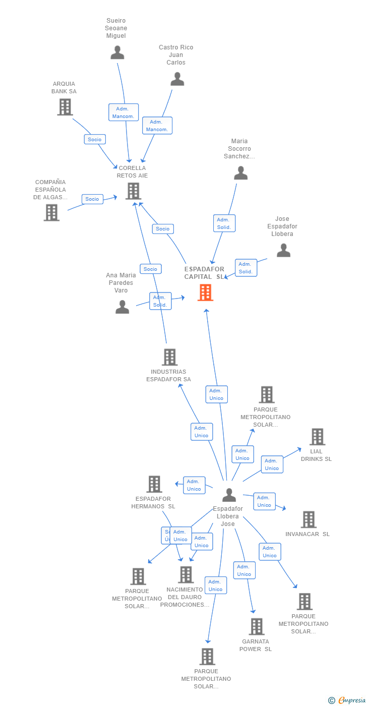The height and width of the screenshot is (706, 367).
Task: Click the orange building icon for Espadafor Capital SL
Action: pyautogui.click(x=205, y=292)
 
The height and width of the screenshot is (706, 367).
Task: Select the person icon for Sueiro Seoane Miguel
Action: pyautogui.click(x=117, y=52)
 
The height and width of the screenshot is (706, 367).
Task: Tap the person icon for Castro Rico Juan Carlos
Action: pyautogui.click(x=177, y=79)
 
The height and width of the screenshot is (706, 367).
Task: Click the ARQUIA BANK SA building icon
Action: pyautogui.click(x=65, y=107)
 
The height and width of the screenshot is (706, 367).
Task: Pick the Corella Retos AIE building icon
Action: pyautogui.click(x=133, y=191)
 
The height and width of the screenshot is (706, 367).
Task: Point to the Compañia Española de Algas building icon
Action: pyautogui.click(x=51, y=213)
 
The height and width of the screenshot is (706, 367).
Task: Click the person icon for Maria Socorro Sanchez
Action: pyautogui.click(x=241, y=173)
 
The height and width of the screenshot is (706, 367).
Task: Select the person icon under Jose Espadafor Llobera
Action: pyautogui.click(x=283, y=251)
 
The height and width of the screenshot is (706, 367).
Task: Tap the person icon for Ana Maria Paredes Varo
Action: pyautogui.click(x=122, y=307)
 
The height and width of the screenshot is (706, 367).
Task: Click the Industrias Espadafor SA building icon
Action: pyautogui.click(x=169, y=357)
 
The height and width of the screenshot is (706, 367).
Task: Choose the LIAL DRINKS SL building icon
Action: pyautogui.click(x=317, y=437)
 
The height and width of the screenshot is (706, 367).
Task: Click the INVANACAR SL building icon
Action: pyautogui.click(x=308, y=519)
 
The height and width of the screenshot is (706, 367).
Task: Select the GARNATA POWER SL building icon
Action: pyautogui.click(x=256, y=626)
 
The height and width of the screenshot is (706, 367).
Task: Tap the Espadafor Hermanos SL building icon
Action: pyautogui.click(x=154, y=484)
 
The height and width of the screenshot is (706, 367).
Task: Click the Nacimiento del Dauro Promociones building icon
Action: pyautogui.click(x=186, y=574)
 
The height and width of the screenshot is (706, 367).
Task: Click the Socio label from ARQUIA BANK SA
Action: pyautogui.click(x=95, y=139)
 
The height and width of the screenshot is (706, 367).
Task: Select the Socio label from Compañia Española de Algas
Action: pyautogui.click(x=92, y=199)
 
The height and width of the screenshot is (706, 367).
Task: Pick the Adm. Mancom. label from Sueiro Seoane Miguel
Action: pyautogui.click(x=124, y=112)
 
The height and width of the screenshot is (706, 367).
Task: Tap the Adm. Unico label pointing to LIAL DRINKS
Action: pyautogui.click(x=272, y=464)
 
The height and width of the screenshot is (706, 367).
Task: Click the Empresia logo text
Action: pyautogui.click(x=351, y=700)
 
